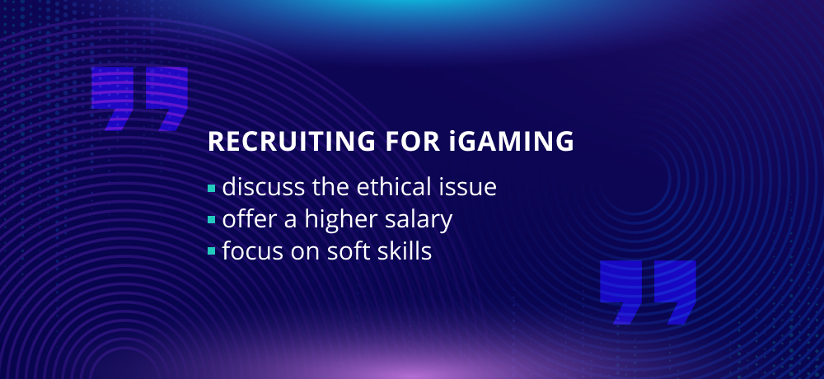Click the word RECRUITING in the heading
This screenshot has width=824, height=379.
click(291, 142)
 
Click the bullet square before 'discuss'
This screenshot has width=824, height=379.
click(211, 188)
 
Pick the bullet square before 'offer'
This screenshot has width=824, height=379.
click(211, 220)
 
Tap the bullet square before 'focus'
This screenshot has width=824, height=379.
click(211, 251)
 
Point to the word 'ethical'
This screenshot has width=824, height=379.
click(386, 186)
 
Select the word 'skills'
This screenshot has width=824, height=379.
click(404, 251)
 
